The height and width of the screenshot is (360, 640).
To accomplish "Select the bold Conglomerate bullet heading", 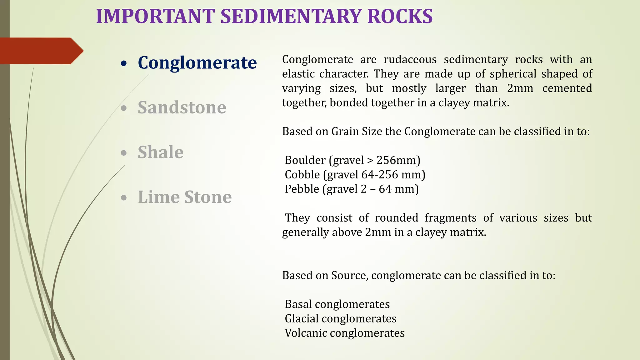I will [x=197, y=62].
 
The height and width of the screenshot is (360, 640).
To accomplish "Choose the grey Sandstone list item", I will [x=182, y=107].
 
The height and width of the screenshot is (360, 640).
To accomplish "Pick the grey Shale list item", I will [x=160, y=152].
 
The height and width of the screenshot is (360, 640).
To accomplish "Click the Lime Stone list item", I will [x=185, y=197].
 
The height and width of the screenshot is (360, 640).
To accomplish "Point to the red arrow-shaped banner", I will [x=41, y=51].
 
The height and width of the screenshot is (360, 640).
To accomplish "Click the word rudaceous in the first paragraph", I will [x=410, y=59].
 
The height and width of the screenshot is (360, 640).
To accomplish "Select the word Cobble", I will [x=302, y=174].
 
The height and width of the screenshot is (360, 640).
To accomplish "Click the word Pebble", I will [x=302, y=189].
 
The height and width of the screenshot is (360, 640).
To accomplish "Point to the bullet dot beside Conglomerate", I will [x=124, y=63].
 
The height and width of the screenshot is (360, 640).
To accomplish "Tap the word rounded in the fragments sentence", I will [x=396, y=217].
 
